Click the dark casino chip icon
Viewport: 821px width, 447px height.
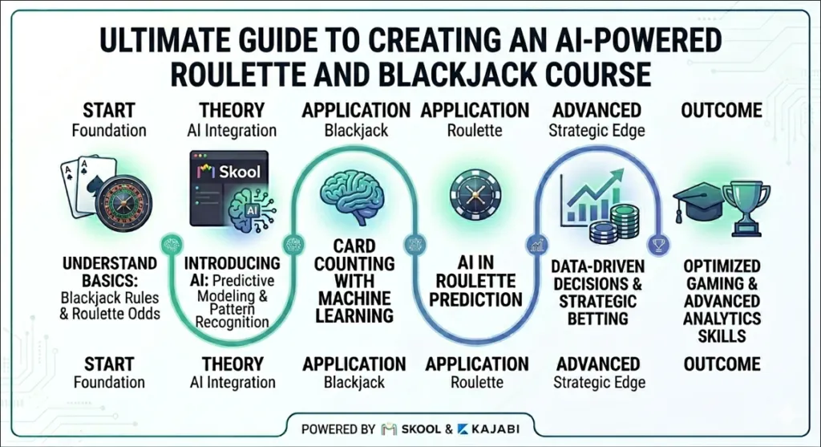474,193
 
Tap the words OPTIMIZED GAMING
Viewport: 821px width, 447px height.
722,275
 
